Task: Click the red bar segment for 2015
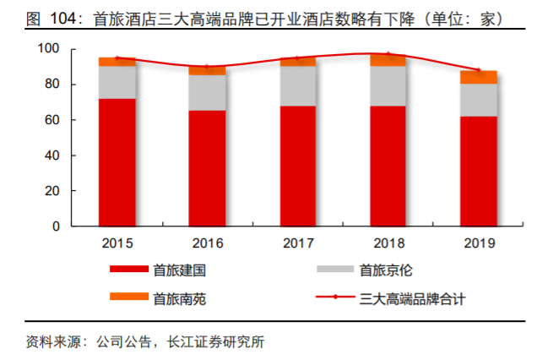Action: (117, 162)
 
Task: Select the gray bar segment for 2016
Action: (208, 92)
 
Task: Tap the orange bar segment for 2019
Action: (479, 77)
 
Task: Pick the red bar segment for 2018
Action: (388, 166)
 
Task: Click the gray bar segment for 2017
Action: (298, 85)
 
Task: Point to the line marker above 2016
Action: (208, 67)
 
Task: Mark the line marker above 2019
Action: (479, 70)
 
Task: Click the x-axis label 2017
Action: (298, 243)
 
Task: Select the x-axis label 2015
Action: (117, 243)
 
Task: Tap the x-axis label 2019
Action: (479, 243)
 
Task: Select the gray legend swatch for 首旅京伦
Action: (332, 270)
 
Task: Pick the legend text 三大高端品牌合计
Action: (412, 297)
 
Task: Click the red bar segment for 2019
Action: (479, 171)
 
